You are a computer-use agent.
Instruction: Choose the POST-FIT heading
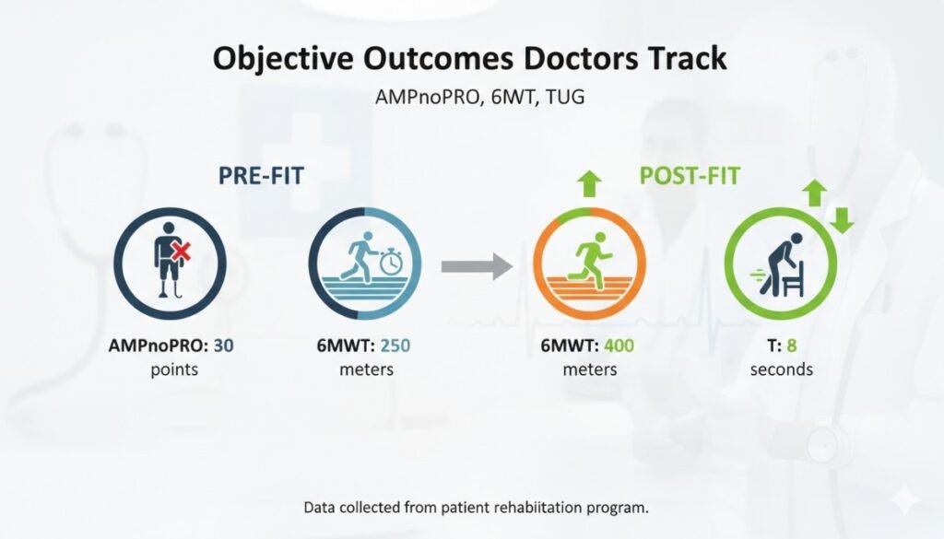pos(690,176)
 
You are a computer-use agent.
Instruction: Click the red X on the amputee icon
pos(182,250)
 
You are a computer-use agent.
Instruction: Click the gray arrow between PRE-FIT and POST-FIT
pos(476,267)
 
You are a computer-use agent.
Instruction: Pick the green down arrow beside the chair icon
pos(840,221)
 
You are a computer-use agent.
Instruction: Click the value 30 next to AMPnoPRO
pos(224,346)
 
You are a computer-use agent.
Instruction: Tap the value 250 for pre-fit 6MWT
pos(393,346)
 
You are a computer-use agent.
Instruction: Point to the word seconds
pos(781,369)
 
